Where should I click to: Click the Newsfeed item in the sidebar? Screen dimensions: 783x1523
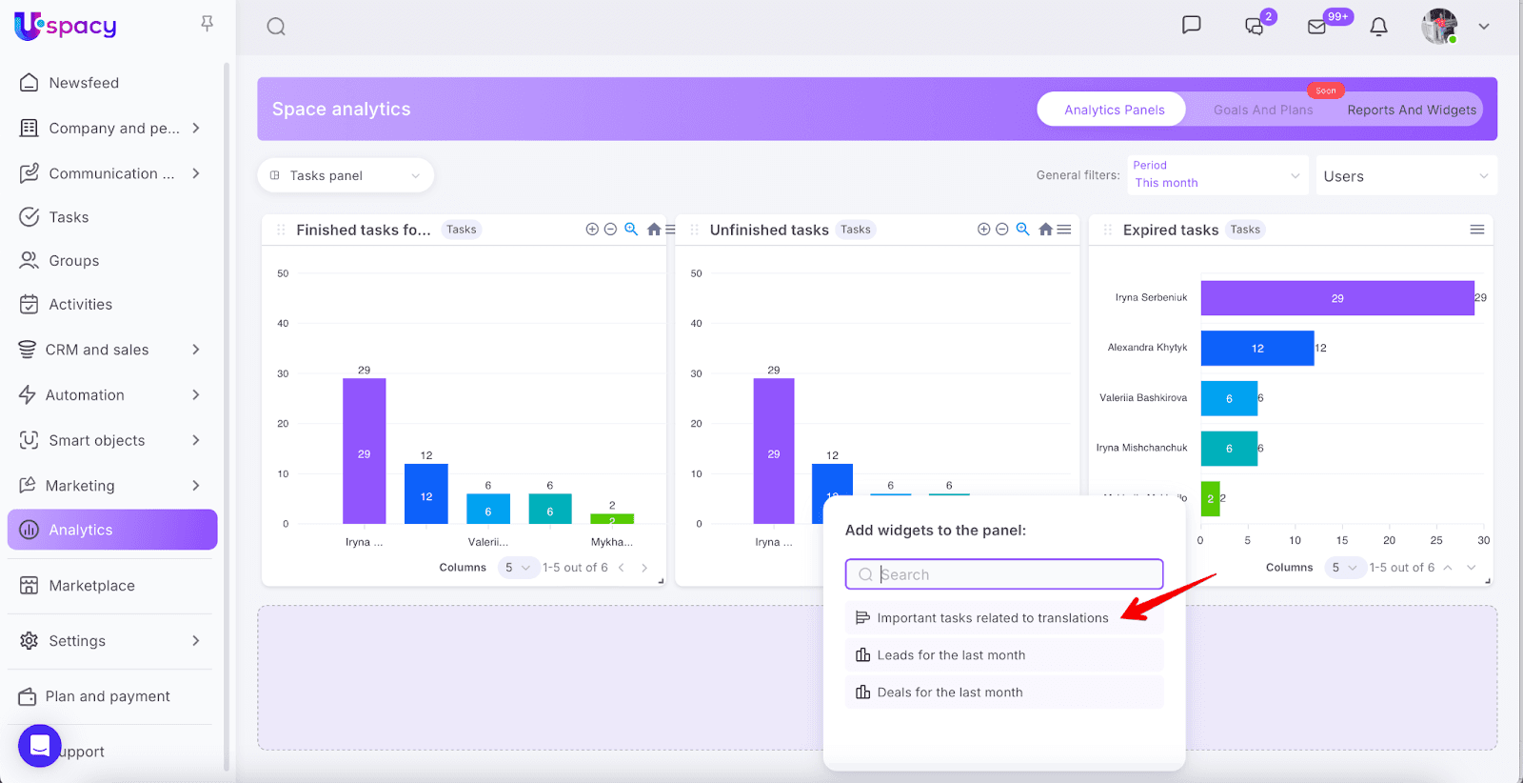84,83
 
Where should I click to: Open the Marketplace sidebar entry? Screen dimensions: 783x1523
91,586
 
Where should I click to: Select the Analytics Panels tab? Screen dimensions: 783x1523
1113,110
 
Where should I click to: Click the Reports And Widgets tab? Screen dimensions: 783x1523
1411,110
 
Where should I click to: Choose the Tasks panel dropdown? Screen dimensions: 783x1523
346,175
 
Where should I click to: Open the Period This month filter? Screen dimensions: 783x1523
1216,175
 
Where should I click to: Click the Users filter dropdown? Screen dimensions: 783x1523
1405,176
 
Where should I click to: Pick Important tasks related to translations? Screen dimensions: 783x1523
992,618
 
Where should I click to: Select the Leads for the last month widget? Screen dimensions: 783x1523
951,655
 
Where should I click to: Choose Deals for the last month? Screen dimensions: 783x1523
949,693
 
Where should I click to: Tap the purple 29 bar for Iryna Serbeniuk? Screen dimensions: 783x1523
1336,298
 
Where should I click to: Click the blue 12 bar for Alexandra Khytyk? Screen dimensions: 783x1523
1256,349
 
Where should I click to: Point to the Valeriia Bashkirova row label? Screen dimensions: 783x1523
1143,398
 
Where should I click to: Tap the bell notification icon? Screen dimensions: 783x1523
1378,27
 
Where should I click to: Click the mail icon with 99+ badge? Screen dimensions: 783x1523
1317,27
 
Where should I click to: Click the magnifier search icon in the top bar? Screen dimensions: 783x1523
276,27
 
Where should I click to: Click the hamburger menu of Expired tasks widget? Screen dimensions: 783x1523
1476,230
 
